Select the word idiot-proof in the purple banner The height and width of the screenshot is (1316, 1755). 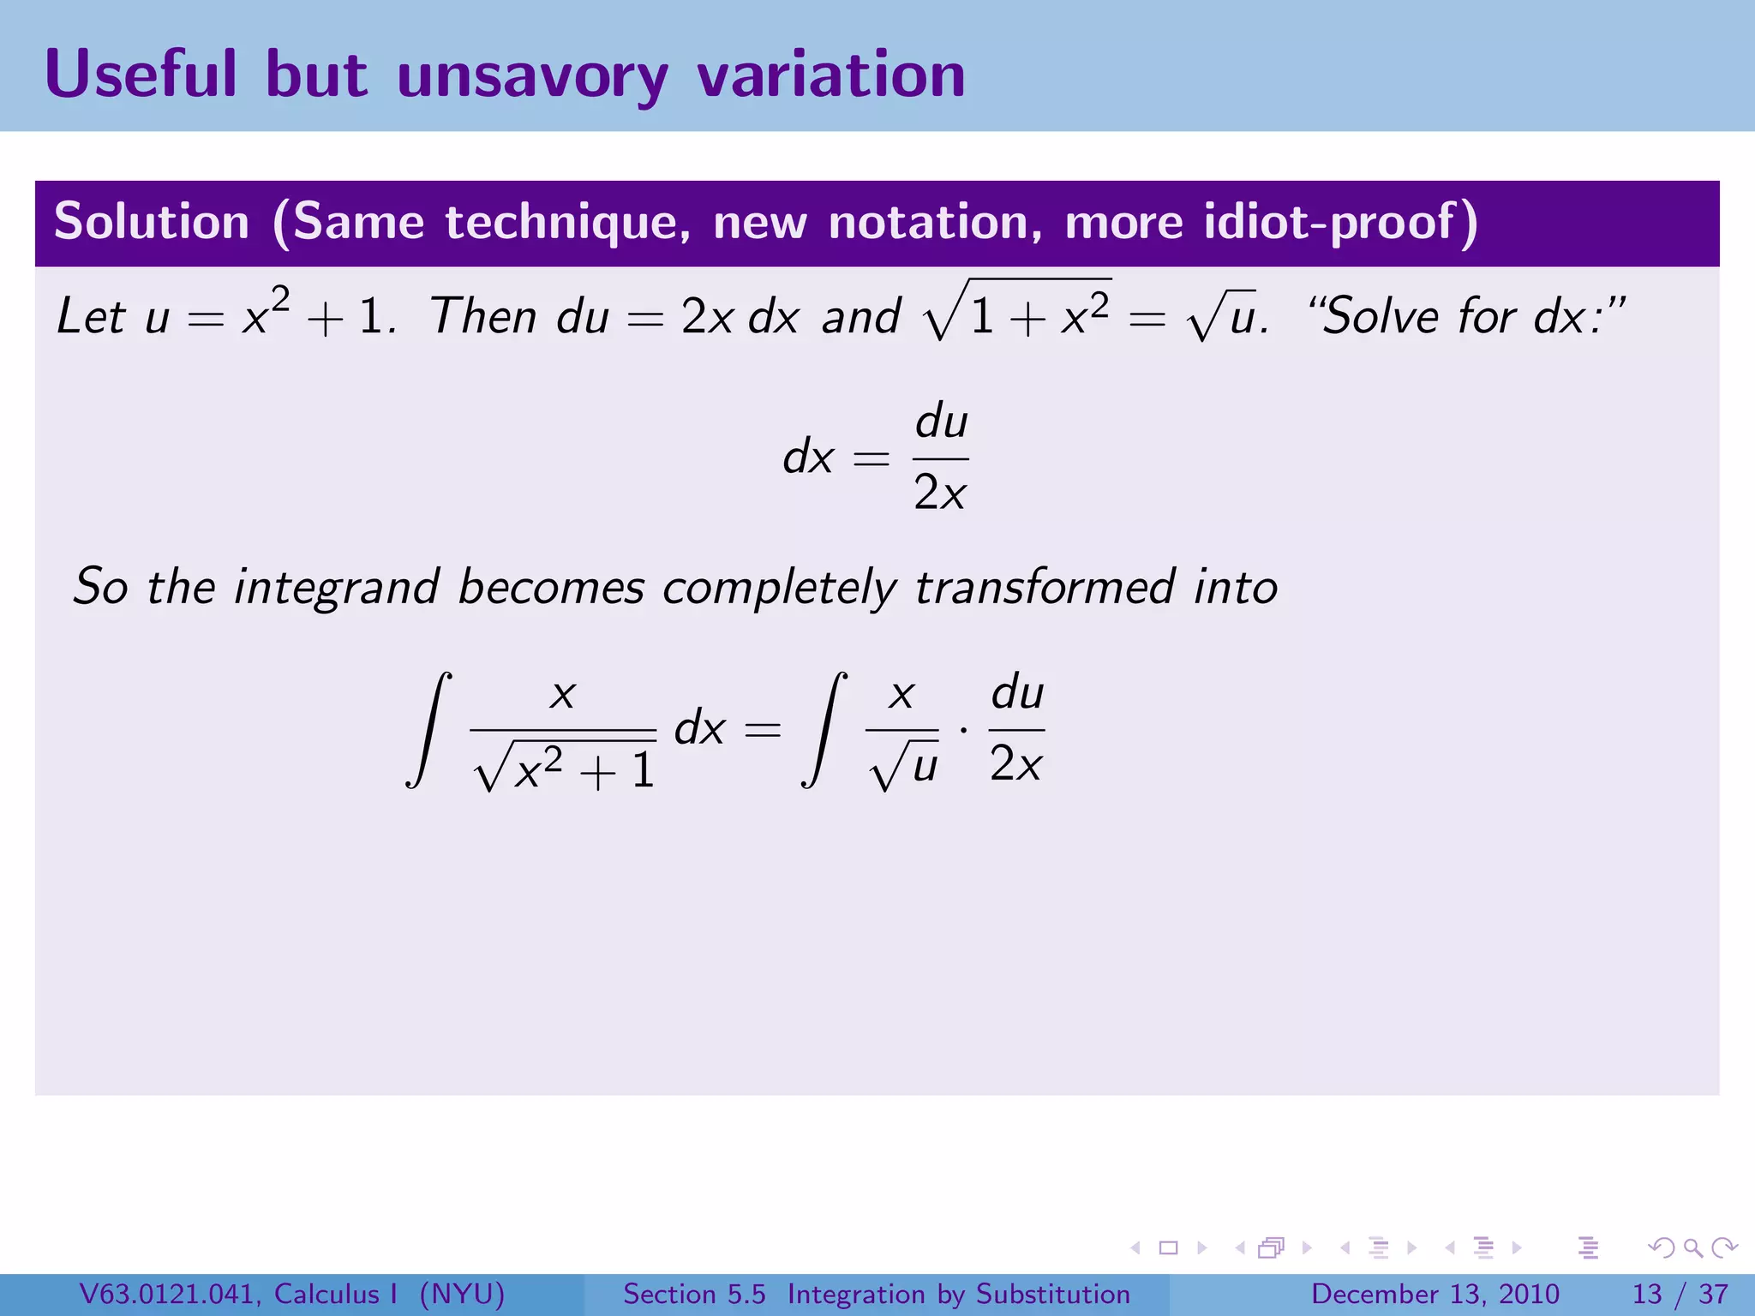1341,222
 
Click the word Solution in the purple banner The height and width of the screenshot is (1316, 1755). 152,222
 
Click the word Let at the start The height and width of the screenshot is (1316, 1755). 91,315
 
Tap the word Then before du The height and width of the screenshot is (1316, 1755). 483,315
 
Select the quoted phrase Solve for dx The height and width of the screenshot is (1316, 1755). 1465,315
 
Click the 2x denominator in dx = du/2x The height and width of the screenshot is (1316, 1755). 940,493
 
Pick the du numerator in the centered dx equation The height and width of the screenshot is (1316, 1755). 941,422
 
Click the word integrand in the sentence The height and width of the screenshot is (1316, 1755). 337,588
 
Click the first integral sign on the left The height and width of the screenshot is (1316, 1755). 429,729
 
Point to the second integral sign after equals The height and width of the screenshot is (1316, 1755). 824,729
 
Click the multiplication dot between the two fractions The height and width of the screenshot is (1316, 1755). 964,731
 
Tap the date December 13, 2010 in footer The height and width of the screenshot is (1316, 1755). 1435,1294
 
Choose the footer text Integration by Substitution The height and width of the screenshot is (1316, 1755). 959,1294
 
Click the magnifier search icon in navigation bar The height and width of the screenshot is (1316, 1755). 1692,1248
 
